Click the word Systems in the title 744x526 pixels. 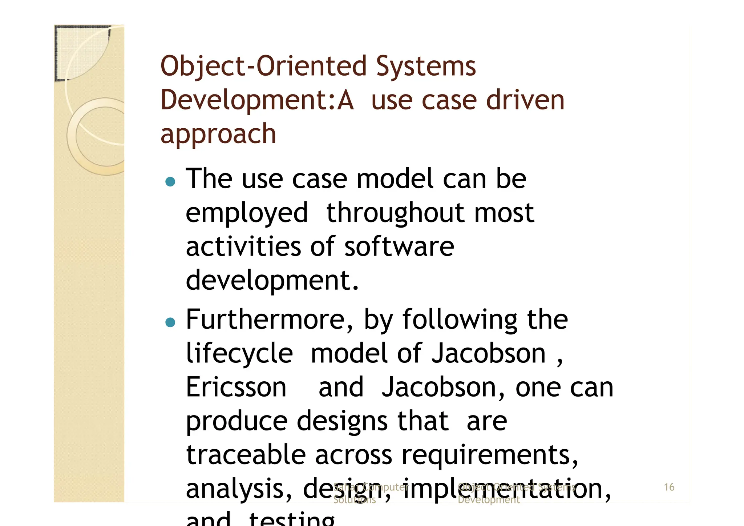[426, 67]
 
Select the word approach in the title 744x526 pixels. [218, 134]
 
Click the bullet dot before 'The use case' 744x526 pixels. [170, 181]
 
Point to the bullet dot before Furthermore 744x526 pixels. [170, 322]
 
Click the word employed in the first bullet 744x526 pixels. [247, 213]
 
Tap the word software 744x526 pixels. [399, 246]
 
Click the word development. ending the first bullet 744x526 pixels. [272, 281]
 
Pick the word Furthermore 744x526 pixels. [269, 320]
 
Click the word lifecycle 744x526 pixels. [239, 354]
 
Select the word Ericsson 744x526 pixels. [236, 387]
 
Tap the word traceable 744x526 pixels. [246, 455]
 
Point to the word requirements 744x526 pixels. [489, 455]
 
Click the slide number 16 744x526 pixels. [669, 487]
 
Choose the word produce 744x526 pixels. [236, 422]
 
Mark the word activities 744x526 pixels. [243, 246]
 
